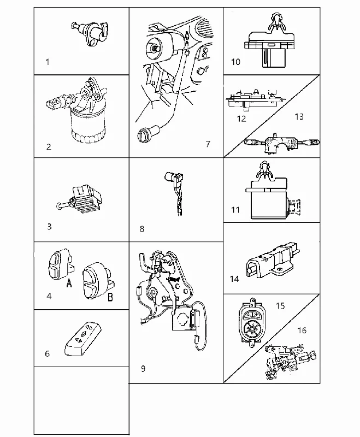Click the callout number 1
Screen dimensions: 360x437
point(48,62)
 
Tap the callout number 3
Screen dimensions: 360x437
point(49,226)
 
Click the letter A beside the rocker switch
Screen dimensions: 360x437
point(69,283)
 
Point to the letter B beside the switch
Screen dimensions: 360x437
point(110,297)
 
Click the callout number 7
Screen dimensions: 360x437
point(208,144)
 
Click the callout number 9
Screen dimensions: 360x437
point(143,368)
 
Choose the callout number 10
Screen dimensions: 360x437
point(236,62)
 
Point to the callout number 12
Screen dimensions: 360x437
point(241,119)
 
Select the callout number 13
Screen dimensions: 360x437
point(299,116)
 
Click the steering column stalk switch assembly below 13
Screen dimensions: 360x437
point(281,144)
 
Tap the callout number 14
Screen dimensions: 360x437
point(234,279)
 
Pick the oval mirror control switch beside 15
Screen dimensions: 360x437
point(250,322)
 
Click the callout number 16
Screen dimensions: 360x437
point(302,330)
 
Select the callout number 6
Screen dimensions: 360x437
point(48,353)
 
